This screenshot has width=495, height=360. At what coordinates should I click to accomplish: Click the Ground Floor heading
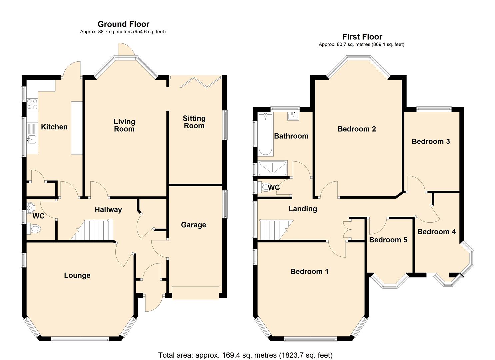123,24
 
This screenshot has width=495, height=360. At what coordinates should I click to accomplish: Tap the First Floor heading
362,37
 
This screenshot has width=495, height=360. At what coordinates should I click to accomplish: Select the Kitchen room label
54,127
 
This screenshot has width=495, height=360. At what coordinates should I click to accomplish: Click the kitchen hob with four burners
32,104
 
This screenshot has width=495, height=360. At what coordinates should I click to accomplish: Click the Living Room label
124,125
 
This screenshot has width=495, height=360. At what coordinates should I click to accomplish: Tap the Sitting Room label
194,122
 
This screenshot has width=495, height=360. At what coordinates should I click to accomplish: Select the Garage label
193,225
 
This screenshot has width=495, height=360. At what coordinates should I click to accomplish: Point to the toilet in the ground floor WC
35,229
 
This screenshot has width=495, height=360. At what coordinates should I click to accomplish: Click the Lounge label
77,275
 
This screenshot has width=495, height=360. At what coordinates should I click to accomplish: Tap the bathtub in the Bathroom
266,134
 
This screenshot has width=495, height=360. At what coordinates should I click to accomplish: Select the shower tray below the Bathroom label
273,168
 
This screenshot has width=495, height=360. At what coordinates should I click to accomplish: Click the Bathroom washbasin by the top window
293,116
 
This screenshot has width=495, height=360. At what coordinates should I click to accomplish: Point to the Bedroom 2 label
357,129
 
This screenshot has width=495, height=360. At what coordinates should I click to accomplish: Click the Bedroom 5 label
388,240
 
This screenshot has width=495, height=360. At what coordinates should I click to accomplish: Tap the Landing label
303,209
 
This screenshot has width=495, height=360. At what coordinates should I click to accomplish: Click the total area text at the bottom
245,355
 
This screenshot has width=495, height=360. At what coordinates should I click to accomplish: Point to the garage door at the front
195,293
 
